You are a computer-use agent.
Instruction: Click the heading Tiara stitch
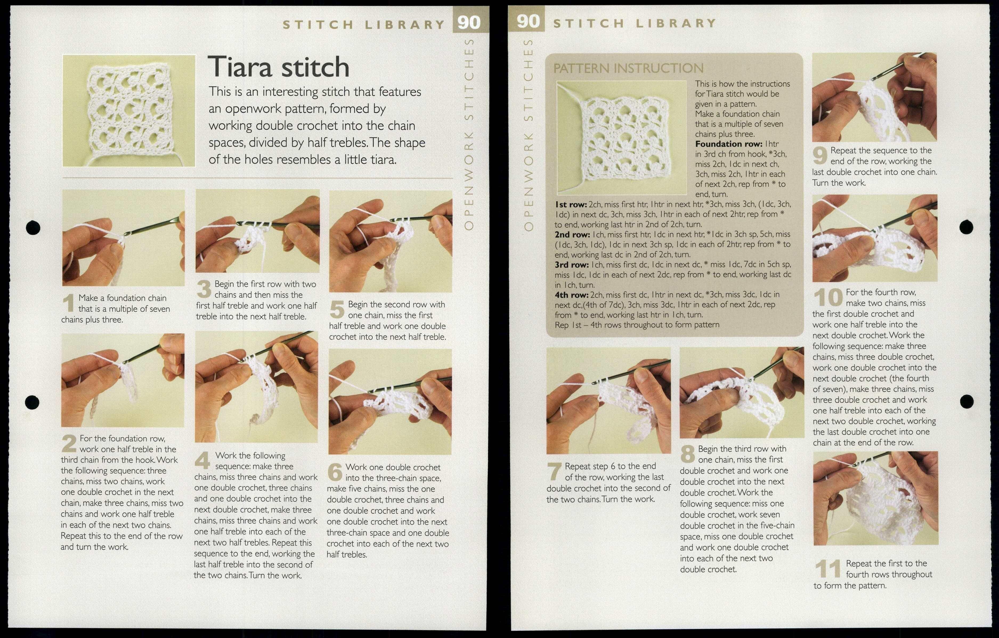pos(278,67)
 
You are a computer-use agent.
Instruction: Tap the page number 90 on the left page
pos(469,22)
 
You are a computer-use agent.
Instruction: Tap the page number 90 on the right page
pos(528,21)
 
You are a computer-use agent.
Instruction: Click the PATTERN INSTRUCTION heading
pos(628,69)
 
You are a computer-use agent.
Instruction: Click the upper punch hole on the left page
pos(33,227)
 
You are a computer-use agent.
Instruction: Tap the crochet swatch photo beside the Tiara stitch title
pos(129,111)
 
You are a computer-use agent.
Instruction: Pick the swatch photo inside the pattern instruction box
pos(622,137)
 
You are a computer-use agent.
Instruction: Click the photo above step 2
pos(123,380)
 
